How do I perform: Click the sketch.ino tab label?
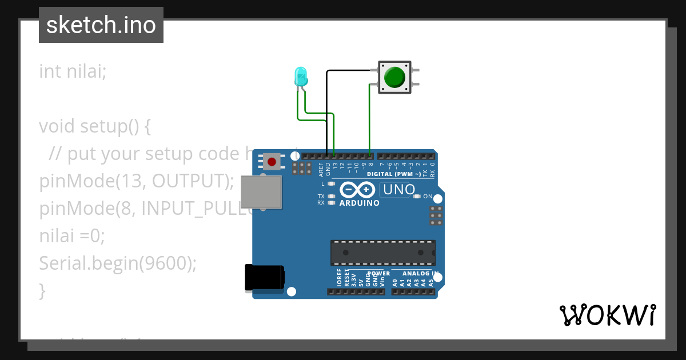(x=101, y=25)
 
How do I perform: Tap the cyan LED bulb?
(x=300, y=76)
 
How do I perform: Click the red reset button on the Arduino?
(x=272, y=162)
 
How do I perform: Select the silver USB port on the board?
(x=261, y=191)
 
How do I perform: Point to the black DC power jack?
(x=264, y=278)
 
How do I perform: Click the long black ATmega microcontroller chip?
(x=382, y=253)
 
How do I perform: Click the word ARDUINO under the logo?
(x=359, y=203)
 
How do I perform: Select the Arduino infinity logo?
(x=357, y=189)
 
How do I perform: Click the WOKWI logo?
(x=607, y=315)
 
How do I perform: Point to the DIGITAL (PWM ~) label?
(x=394, y=174)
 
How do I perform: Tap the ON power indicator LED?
(x=417, y=197)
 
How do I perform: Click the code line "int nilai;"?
(x=73, y=71)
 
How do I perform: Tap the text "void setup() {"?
(x=95, y=126)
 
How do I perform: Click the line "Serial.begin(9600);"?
(x=118, y=263)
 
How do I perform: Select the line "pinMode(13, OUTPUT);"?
(x=137, y=181)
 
